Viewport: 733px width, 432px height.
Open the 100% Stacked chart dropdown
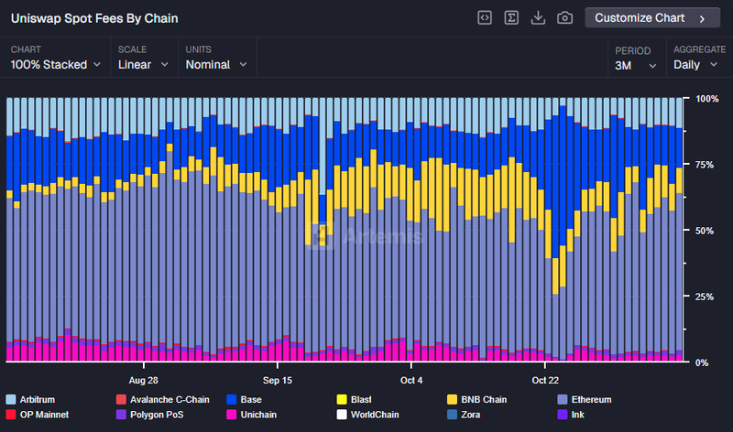(55, 65)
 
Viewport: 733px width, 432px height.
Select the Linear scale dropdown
(143, 65)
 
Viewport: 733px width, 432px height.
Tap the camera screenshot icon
(565, 18)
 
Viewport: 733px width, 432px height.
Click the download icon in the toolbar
(539, 18)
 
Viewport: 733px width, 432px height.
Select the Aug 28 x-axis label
(144, 379)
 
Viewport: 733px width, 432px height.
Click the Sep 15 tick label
(278, 379)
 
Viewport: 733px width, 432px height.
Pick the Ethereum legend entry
(584, 400)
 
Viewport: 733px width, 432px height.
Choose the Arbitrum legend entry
(38, 400)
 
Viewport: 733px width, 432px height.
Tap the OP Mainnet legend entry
(43, 416)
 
